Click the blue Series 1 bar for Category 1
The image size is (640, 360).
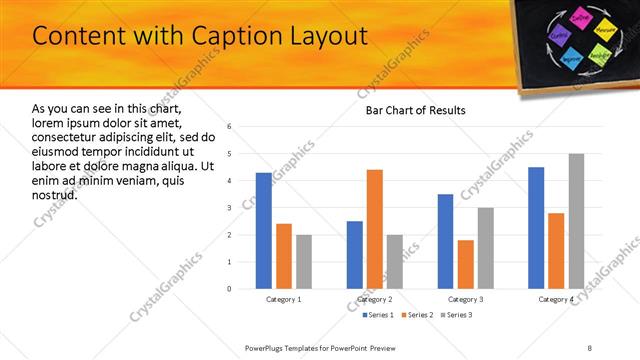click(264, 231)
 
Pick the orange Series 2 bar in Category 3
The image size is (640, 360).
click(465, 264)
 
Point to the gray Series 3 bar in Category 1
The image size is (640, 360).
click(304, 262)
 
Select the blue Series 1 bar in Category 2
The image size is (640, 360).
click(355, 255)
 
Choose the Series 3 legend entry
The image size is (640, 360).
click(456, 315)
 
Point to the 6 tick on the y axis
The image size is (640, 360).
click(229, 127)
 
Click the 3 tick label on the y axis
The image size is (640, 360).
click(229, 208)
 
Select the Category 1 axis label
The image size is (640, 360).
click(284, 299)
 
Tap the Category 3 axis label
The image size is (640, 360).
click(465, 299)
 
